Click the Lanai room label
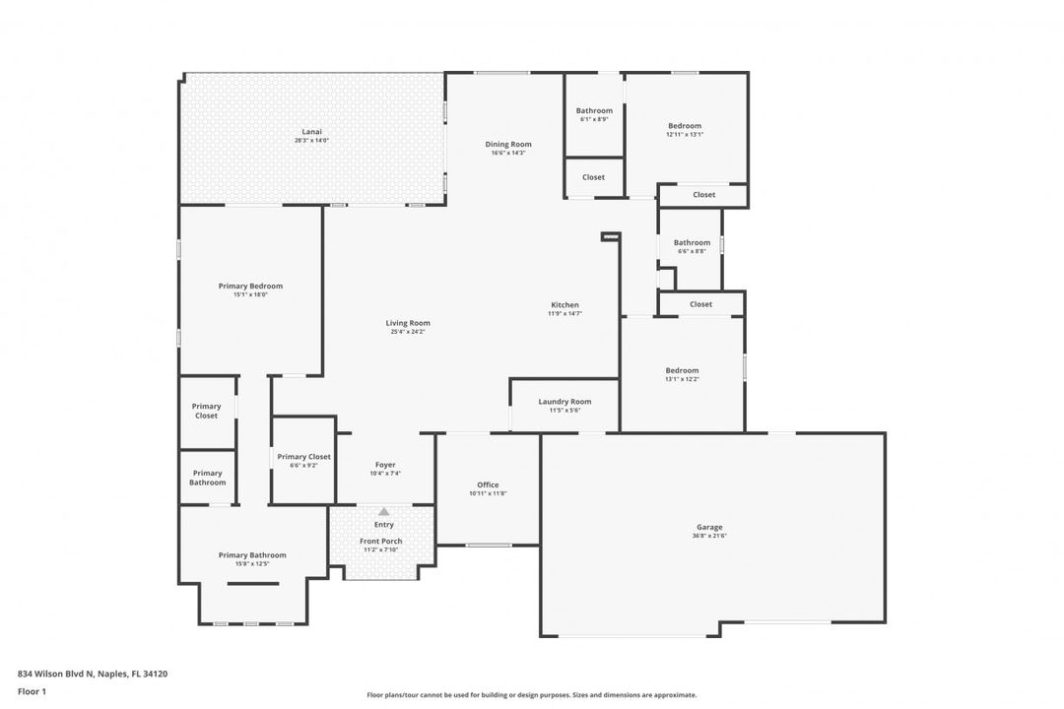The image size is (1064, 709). pos(311,131)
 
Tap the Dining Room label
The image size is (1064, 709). pos(507,144)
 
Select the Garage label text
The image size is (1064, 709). pos(709,527)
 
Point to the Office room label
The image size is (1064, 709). pos(488,484)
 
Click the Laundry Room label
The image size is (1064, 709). pos(565,401)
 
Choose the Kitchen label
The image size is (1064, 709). pos(565,304)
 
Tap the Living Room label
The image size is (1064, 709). pos(407,323)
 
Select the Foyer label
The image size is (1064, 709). pos(385,465)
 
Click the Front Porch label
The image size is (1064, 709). pos(380,541)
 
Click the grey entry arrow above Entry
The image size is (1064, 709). pos(383,511)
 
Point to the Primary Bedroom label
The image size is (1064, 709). pos(250,286)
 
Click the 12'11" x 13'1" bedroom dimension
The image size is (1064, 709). pos(685,135)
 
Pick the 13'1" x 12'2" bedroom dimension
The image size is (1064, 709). pos(682,379)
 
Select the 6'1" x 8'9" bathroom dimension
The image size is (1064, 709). pos(594,119)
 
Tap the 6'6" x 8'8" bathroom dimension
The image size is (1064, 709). pos(692,251)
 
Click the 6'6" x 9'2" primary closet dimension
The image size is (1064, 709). pos(303,466)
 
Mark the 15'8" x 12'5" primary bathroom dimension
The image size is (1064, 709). pos(252,564)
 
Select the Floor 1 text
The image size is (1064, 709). pos(32,691)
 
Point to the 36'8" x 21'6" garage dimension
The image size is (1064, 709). pos(709,536)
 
